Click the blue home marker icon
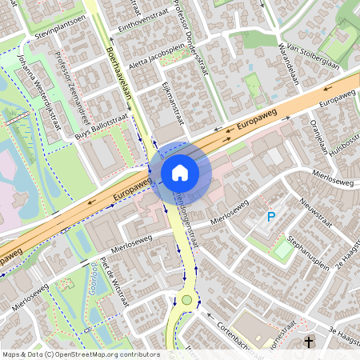(x=180, y=172)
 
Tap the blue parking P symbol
(x=271, y=217)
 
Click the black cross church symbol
(x=309, y=342)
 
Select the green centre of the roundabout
(x=188, y=301)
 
